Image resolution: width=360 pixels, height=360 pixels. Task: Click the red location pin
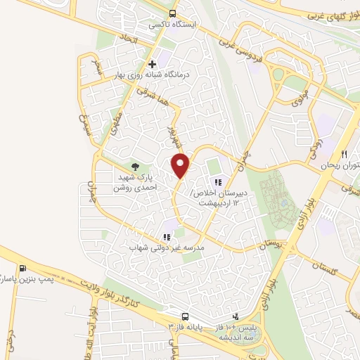click(181, 165)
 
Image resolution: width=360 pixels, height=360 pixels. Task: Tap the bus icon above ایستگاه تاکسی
click(173, 13)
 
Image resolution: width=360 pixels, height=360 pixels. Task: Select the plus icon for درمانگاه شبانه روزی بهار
click(152, 64)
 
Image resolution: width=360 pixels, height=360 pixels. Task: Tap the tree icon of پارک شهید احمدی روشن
click(136, 166)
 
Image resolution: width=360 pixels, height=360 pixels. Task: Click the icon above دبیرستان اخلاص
click(217, 164)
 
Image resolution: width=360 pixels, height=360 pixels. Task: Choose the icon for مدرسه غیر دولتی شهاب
click(167, 238)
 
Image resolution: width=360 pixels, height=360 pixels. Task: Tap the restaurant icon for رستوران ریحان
click(344, 154)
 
